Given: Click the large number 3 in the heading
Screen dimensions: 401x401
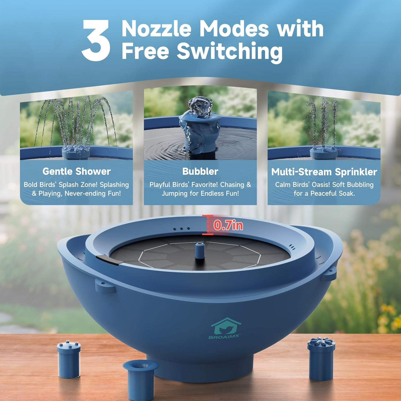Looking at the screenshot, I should tap(96, 40).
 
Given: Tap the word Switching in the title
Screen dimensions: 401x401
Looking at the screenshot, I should tap(230, 51).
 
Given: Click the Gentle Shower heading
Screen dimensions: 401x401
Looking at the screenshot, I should tap(76, 171).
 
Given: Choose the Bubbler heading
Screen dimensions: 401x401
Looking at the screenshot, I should tap(200, 171).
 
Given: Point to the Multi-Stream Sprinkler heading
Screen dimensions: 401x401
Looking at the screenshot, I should tap(324, 172).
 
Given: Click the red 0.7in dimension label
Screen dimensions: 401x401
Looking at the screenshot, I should tap(228, 225).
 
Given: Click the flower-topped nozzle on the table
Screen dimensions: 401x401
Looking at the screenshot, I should tap(321, 358).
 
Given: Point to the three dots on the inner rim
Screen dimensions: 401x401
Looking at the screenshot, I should tap(182, 229).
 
